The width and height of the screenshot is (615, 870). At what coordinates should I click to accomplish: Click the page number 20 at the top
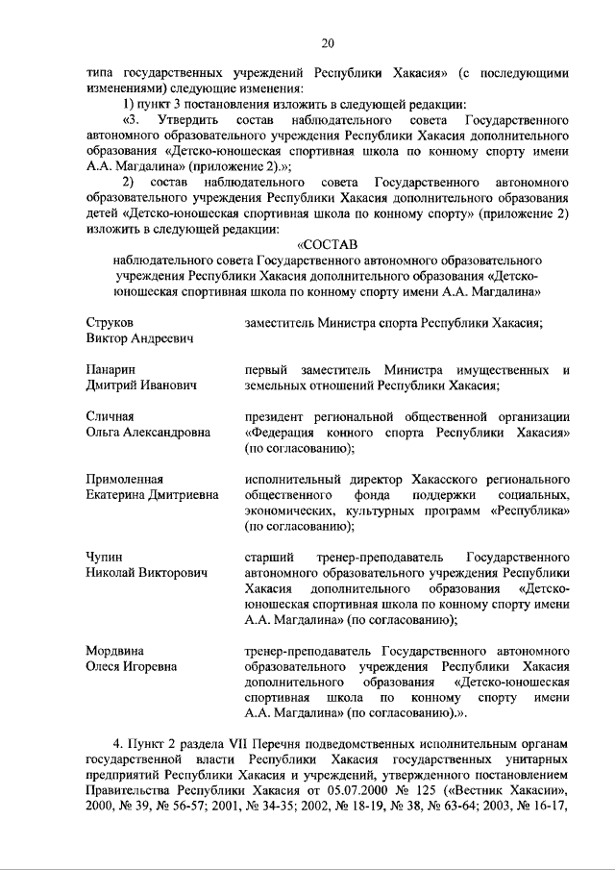click(x=327, y=42)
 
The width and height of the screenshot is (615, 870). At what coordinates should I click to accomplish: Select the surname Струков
click(x=110, y=322)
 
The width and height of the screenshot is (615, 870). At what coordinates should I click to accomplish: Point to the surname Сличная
click(x=110, y=416)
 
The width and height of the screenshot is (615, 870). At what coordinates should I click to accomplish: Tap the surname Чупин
click(x=105, y=557)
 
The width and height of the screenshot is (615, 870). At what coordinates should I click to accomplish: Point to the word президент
click(x=275, y=416)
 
